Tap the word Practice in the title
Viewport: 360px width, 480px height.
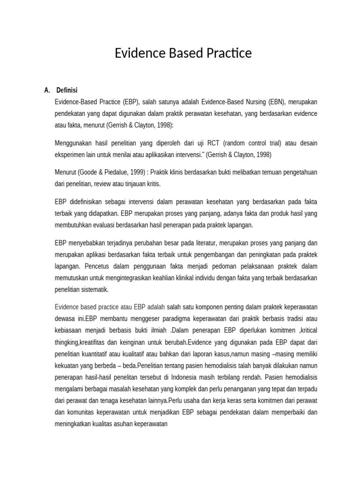coord(228,53)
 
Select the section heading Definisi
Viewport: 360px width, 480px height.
coord(67,90)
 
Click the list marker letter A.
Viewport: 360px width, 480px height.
coord(46,90)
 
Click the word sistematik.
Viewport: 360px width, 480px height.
coord(95,290)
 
